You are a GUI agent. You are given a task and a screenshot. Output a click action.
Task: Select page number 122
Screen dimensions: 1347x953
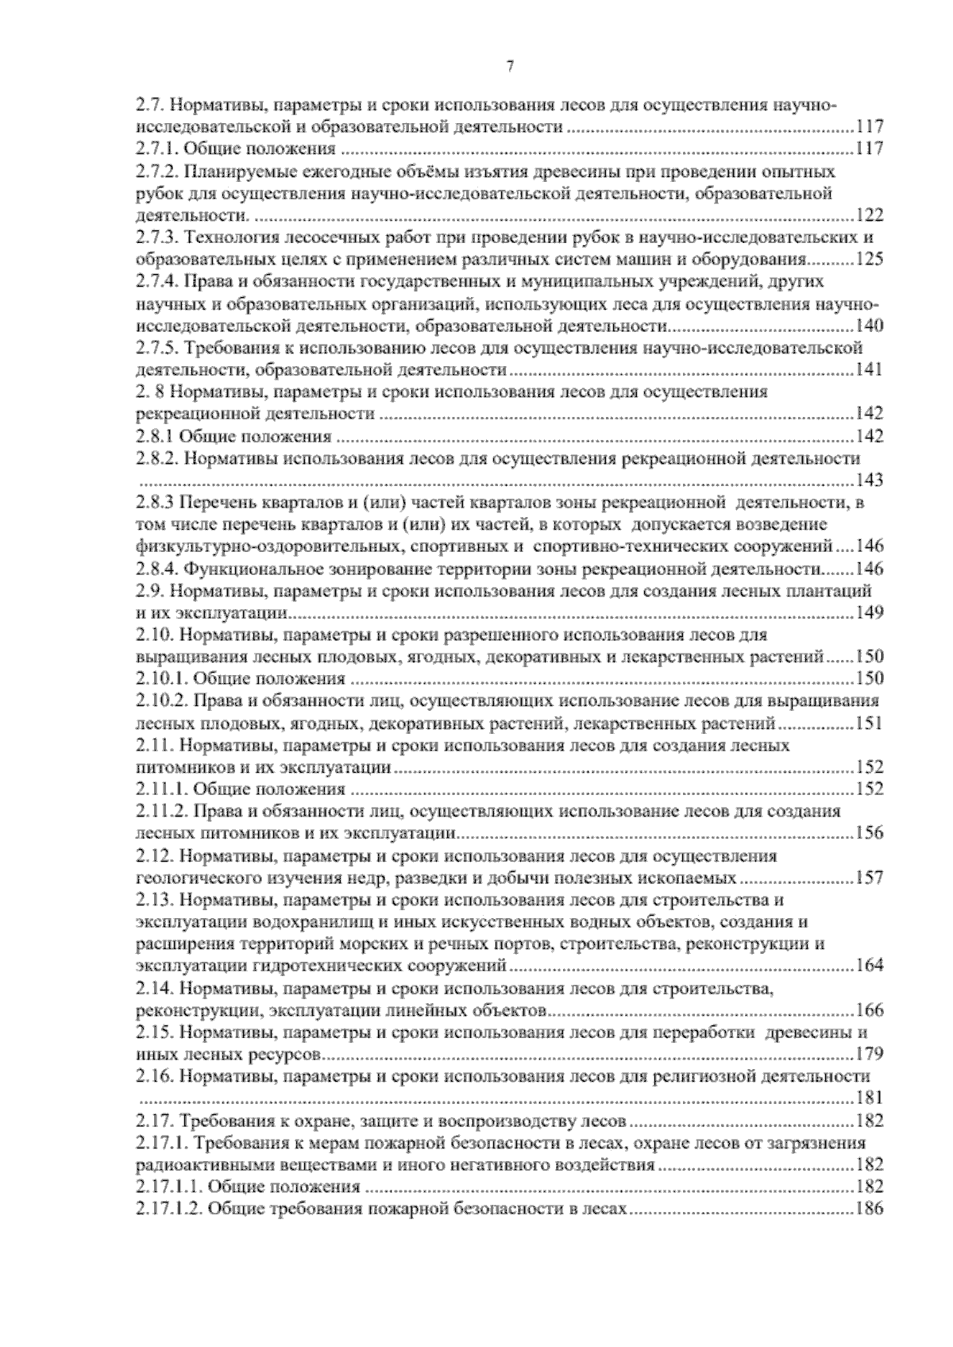[x=870, y=215]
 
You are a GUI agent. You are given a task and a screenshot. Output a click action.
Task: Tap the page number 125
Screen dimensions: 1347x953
[x=870, y=260]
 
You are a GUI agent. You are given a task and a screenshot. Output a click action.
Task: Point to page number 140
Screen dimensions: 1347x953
[x=870, y=326]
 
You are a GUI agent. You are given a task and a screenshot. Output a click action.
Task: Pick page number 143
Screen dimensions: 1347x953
[x=870, y=481]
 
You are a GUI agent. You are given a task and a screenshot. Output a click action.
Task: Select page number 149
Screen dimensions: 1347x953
[x=870, y=613]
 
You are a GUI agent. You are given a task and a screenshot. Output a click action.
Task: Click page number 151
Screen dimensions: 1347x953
[x=870, y=724]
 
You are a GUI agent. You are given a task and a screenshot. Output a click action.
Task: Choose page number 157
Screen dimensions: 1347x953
[x=870, y=878]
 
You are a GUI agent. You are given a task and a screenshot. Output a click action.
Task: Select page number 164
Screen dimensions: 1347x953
[x=870, y=967]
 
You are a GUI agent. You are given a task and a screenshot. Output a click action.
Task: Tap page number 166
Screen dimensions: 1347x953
[x=870, y=1011]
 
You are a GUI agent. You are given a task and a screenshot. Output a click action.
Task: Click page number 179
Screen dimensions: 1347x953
[x=870, y=1055]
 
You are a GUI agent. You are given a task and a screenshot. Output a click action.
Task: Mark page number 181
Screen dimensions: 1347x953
[x=870, y=1099]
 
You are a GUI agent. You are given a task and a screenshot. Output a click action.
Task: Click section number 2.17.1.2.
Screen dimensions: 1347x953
[x=168, y=1210]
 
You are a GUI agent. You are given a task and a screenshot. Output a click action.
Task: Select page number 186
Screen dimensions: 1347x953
[x=870, y=1210]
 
